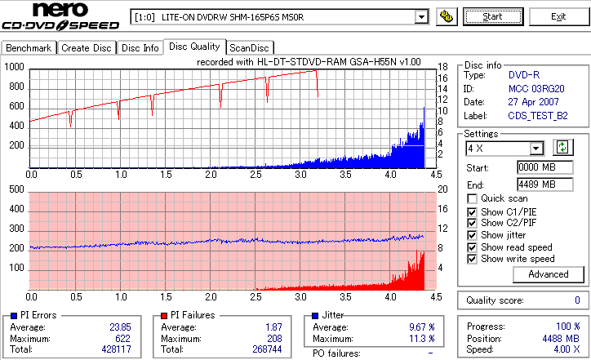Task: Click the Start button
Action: coord(493,16)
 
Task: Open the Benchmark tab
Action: coord(29,48)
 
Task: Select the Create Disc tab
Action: coord(87,48)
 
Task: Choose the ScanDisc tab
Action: coord(249,48)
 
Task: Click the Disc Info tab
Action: coord(140,48)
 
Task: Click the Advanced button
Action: coord(548,274)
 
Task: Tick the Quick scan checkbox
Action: coord(473,198)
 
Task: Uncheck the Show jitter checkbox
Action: coord(473,235)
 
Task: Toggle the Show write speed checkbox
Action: coord(473,260)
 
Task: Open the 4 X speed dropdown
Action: coord(535,149)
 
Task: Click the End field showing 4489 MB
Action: coord(536,184)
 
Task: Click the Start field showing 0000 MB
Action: coord(536,167)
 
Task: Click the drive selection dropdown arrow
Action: coord(421,17)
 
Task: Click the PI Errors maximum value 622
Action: coord(119,338)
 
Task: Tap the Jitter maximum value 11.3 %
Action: coord(421,338)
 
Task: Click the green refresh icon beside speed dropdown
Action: coord(562,148)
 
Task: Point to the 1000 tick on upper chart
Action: coord(14,67)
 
